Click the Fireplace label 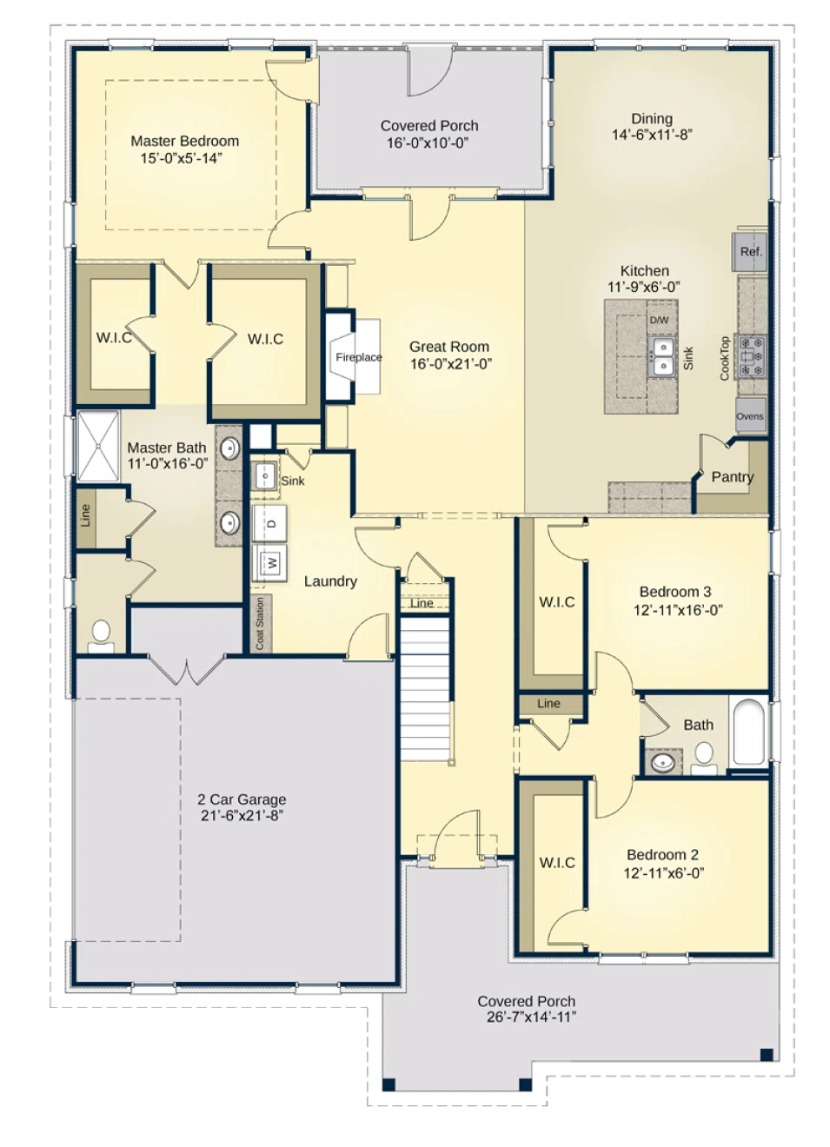tap(358, 357)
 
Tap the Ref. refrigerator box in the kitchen tap(750, 251)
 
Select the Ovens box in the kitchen tap(750, 416)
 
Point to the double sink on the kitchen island tap(663, 357)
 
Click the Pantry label tap(732, 477)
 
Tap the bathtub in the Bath tap(748, 733)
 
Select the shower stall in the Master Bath tap(98, 446)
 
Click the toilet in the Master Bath tap(101, 635)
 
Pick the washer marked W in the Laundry tap(270, 563)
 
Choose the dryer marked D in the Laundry tap(270, 523)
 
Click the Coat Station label tap(260, 623)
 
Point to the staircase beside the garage tap(425, 686)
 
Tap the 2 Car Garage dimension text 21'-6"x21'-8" tap(242, 815)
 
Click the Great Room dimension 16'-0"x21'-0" tap(450, 364)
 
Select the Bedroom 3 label tap(675, 592)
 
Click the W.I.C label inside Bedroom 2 tap(557, 863)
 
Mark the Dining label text tap(652, 119)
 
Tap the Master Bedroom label tap(184, 141)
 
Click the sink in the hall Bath tap(663, 763)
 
